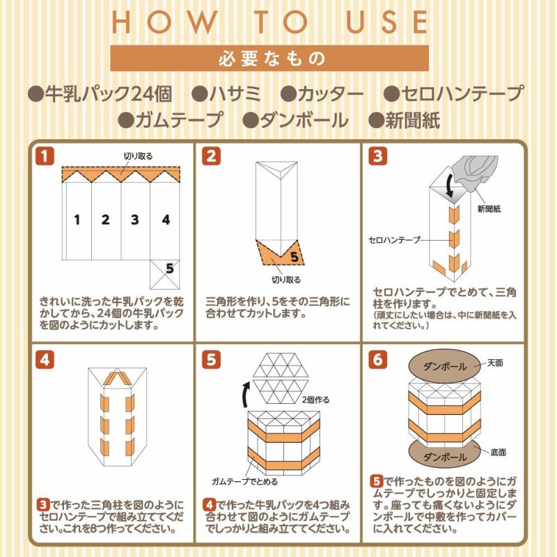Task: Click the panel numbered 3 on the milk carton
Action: tap(134, 220)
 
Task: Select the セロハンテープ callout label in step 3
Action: tap(394, 240)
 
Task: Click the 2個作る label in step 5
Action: tap(317, 400)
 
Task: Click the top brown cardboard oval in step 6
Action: tap(445, 366)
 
